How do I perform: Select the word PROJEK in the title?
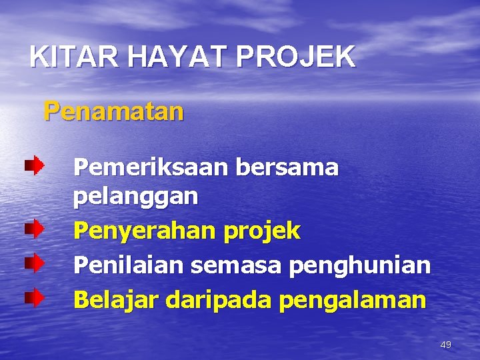(x=296, y=57)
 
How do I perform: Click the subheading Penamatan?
(x=113, y=111)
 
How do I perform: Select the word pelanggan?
(x=135, y=197)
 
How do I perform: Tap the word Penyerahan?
(x=142, y=231)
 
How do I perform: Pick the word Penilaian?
(x=129, y=265)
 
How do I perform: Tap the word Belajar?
(x=117, y=299)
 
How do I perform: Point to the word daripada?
(x=219, y=299)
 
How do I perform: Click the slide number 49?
(x=446, y=345)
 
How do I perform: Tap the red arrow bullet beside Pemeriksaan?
(x=34, y=164)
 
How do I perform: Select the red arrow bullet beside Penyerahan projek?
(x=34, y=229)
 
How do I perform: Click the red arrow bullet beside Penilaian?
(x=34, y=263)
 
